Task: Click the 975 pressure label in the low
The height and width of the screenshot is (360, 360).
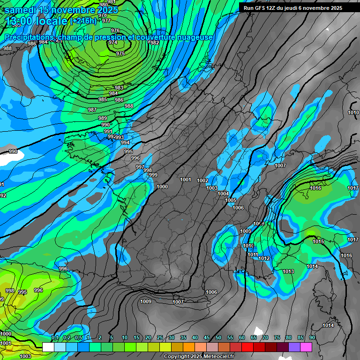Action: (x=120, y=53)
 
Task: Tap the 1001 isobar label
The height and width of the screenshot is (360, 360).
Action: (x=186, y=180)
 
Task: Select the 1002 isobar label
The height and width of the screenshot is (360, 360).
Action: (x=202, y=180)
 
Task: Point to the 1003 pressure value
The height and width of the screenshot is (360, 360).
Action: (x=212, y=188)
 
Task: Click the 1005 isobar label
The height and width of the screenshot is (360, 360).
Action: (x=231, y=200)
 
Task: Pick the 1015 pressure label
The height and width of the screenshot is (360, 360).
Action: (x=318, y=241)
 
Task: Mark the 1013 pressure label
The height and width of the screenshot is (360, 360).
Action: (x=288, y=271)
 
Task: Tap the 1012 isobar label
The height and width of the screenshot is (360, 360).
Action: (x=264, y=258)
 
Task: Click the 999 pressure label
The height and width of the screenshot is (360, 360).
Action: (x=153, y=175)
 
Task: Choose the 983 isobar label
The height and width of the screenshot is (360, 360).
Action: (x=119, y=88)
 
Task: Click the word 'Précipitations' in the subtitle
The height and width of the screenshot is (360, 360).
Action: (x=28, y=37)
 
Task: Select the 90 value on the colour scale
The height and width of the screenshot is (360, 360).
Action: (x=312, y=337)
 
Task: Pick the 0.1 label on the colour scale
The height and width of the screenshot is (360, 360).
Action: (x=55, y=337)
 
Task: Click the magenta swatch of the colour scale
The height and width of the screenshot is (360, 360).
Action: (x=306, y=347)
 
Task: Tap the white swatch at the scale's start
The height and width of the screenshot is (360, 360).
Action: (x=48, y=347)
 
